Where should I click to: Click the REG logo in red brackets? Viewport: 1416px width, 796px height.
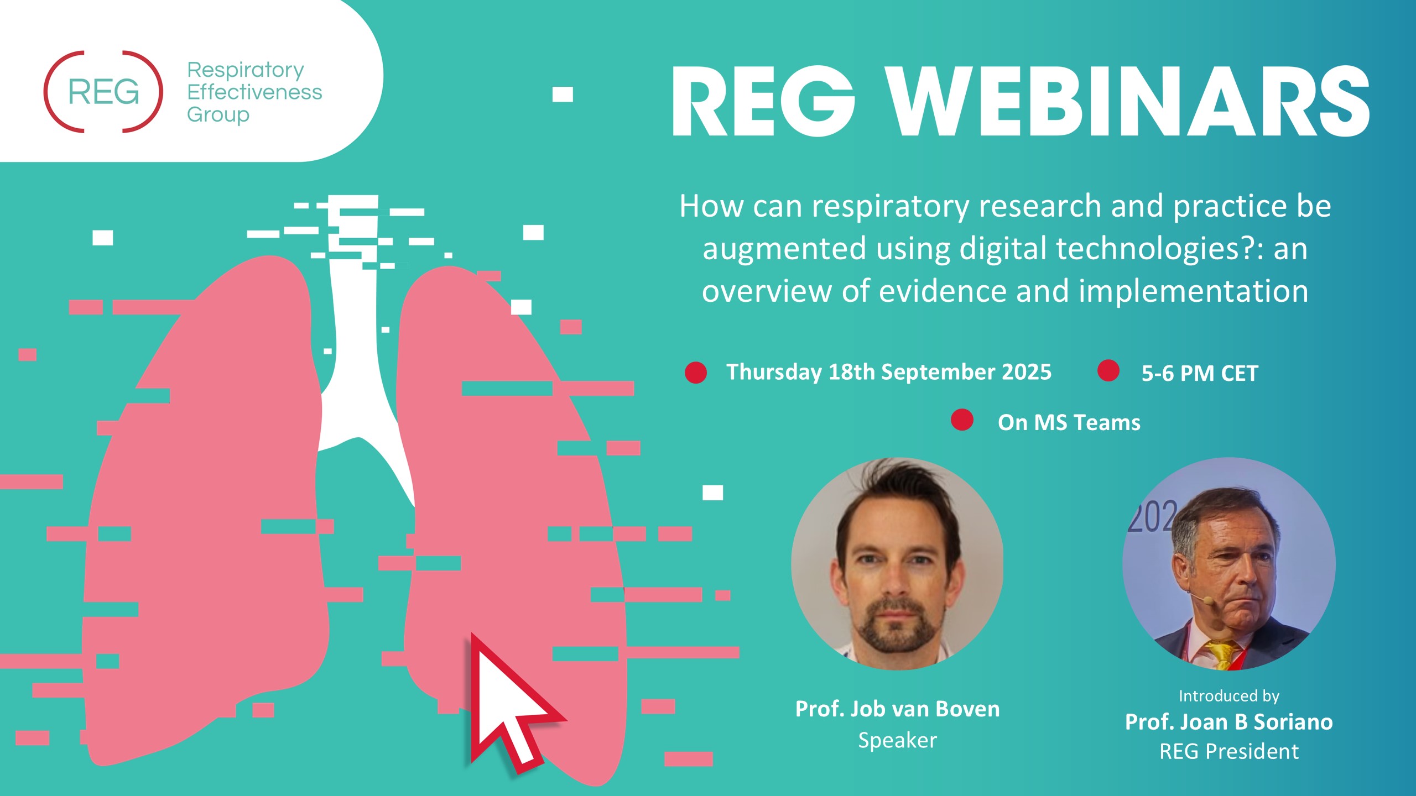(103, 92)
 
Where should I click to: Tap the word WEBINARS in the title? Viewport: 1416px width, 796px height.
(1128, 102)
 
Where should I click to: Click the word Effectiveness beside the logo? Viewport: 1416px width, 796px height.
(254, 92)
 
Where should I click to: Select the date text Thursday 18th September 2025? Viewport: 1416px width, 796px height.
(889, 372)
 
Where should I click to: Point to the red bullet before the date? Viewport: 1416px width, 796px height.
(696, 373)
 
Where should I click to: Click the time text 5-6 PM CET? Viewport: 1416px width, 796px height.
(1200, 374)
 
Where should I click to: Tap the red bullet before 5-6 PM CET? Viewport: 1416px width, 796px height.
(1108, 370)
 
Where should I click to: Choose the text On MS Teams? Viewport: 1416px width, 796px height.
(1069, 423)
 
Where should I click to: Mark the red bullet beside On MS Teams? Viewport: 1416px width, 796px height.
(962, 420)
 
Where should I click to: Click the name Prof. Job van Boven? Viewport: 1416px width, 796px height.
(898, 709)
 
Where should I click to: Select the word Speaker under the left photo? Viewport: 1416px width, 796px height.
(898, 741)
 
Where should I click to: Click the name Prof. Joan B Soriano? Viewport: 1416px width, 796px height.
(1229, 722)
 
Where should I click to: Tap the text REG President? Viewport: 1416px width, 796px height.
(1229, 752)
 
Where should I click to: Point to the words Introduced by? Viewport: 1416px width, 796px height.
(1229, 696)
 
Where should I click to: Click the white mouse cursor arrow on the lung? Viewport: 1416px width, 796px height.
(512, 702)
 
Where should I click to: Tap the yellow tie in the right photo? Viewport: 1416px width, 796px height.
(1222, 654)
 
